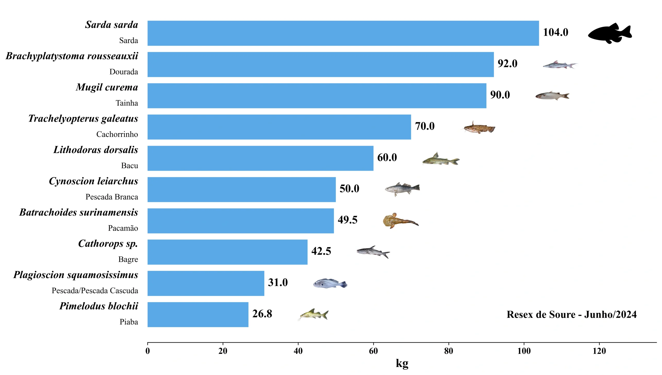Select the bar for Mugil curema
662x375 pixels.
coord(317,96)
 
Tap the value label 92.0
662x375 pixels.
coord(507,64)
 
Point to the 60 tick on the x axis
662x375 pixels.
coord(373,351)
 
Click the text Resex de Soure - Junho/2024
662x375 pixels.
coord(571,314)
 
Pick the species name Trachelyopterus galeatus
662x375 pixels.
coord(83,118)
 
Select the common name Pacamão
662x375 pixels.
coord(123,228)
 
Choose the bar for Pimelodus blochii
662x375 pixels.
coord(198,314)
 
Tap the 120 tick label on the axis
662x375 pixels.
coord(599,351)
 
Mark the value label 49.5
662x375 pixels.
coord(347,220)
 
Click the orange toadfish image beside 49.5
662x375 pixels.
coord(400,221)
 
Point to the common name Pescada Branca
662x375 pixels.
coord(112,197)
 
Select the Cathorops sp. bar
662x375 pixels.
coord(227,252)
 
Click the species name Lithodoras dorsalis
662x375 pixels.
coord(96,150)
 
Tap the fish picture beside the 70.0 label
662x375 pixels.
coord(479,128)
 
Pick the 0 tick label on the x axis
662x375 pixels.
coord(148,351)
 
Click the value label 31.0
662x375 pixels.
coord(278,282)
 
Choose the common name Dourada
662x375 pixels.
coord(124,72)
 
